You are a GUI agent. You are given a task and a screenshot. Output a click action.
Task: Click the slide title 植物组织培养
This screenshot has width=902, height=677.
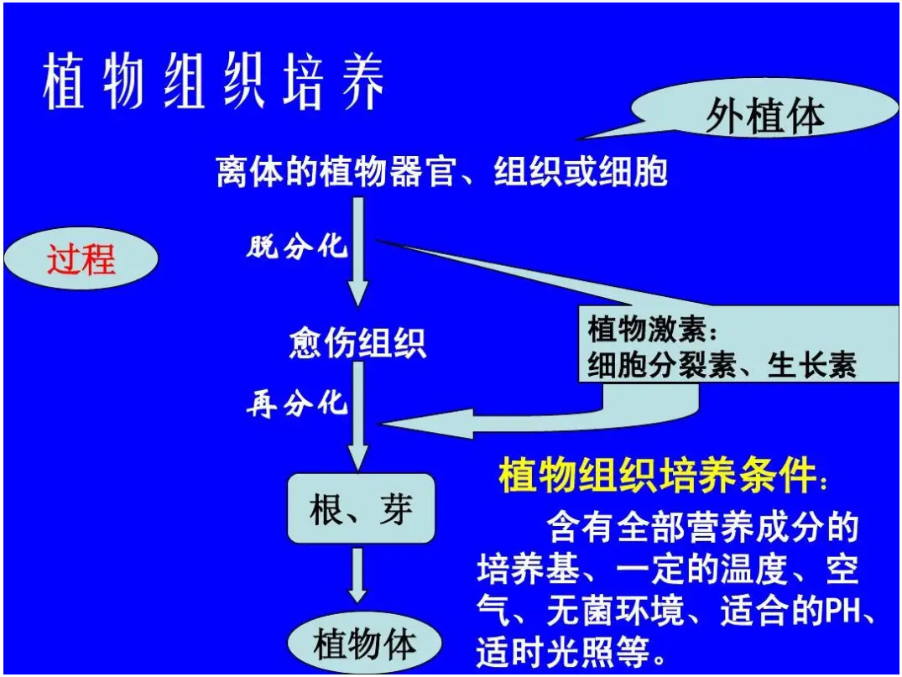click(x=213, y=81)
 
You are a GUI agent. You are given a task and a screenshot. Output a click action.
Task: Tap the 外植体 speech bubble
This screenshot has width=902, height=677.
click(x=765, y=109)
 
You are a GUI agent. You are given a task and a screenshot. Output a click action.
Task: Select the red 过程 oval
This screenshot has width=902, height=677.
click(x=81, y=258)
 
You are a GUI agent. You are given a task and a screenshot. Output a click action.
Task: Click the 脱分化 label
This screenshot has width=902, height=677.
click(x=297, y=247)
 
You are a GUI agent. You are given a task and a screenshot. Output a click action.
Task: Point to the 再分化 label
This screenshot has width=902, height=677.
click(x=297, y=404)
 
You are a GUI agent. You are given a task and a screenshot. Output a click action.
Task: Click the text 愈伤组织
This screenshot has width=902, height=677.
click(x=357, y=343)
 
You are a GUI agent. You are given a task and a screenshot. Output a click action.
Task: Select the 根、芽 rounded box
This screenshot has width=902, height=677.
click(x=362, y=508)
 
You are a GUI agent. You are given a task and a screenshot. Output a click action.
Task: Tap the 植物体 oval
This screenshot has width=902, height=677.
click(x=365, y=643)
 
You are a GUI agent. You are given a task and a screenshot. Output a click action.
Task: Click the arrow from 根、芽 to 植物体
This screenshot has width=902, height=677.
click(x=357, y=575)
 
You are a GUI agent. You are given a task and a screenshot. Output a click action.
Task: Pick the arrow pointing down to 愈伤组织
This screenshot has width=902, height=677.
click(x=357, y=252)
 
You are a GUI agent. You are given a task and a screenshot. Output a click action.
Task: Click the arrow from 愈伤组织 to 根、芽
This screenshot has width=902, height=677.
click(x=357, y=416)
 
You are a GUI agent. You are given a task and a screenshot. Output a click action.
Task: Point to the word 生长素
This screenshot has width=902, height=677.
click(x=811, y=364)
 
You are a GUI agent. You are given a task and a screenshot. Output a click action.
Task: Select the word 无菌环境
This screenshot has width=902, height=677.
click(x=615, y=611)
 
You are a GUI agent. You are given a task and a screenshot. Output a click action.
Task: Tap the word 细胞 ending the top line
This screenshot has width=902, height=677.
click(x=633, y=171)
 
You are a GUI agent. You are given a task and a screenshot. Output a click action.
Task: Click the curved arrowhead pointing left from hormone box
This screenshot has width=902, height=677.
click(x=425, y=424)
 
